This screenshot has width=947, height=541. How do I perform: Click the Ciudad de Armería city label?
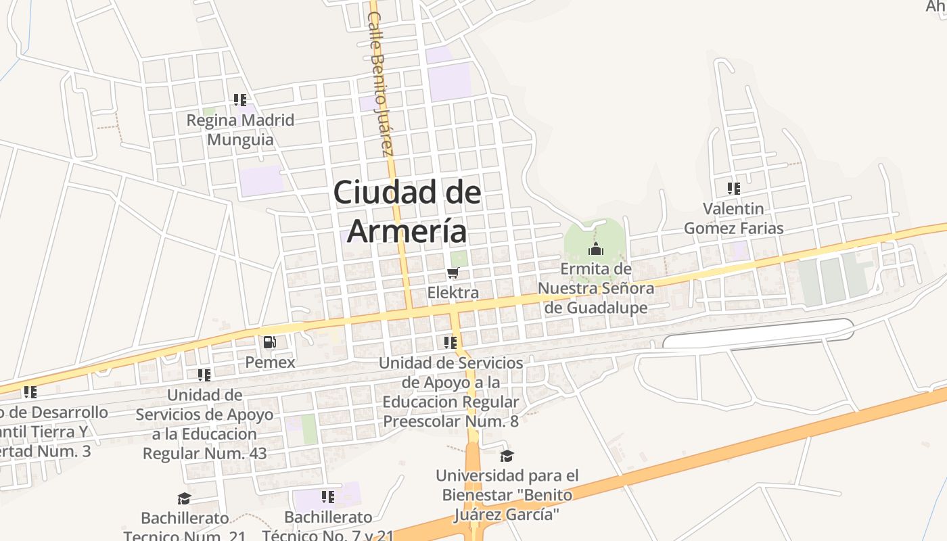[x=407, y=211]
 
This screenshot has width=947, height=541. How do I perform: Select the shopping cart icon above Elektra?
[x=453, y=273]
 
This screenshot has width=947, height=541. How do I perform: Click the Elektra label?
[x=453, y=293]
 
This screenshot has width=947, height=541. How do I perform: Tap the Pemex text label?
[x=270, y=362]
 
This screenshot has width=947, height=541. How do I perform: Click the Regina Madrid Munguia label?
[x=240, y=130]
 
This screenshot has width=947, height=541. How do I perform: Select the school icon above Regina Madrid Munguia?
[x=240, y=100]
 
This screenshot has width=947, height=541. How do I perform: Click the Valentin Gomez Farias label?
[x=734, y=218]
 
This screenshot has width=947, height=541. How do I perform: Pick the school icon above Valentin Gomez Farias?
[x=734, y=188]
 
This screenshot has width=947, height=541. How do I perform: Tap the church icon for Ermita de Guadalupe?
[x=596, y=249]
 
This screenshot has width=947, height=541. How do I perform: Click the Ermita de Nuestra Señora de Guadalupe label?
[x=596, y=288]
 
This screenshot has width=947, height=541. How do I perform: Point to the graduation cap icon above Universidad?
[x=507, y=456]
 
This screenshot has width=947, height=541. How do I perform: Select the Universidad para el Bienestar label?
[x=507, y=495]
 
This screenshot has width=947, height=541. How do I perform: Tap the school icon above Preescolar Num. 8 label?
[x=451, y=343]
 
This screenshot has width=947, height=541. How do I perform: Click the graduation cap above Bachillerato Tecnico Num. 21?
[x=184, y=499]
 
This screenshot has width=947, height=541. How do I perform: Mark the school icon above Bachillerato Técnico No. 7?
[x=328, y=498]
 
